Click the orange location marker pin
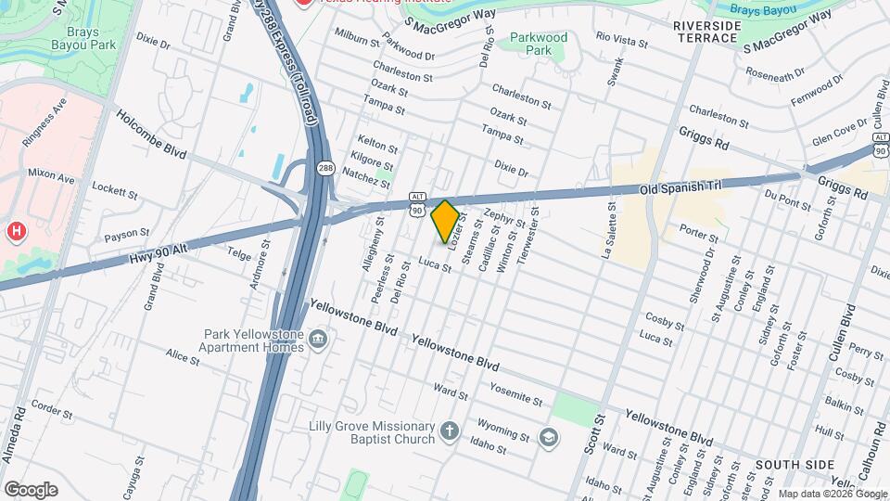click(x=445, y=221)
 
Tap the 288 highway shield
click(x=324, y=168)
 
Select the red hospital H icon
click(x=15, y=230)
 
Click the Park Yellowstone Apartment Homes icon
click(x=318, y=340)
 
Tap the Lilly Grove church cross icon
click(x=450, y=430)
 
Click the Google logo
click(x=30, y=489)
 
